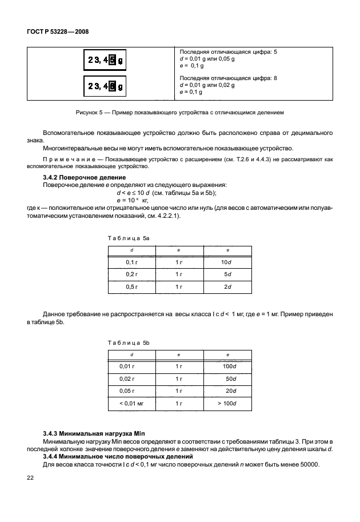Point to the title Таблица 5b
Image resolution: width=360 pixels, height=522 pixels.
pos(129,342)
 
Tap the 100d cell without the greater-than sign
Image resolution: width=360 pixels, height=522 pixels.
pos(229,365)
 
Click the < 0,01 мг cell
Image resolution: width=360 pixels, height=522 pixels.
pos(130,404)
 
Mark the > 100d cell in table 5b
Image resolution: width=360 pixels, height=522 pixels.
pos(227,404)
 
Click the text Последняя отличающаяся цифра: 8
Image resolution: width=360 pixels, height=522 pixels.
pos(228,78)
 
